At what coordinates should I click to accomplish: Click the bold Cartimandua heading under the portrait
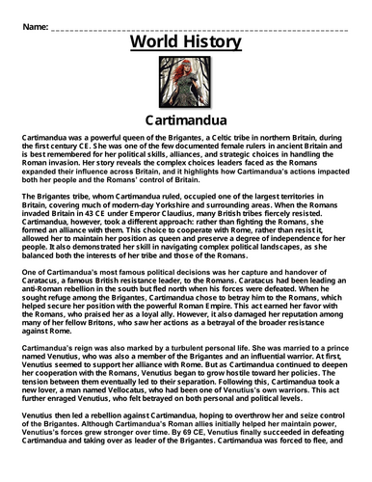pos(185,122)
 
